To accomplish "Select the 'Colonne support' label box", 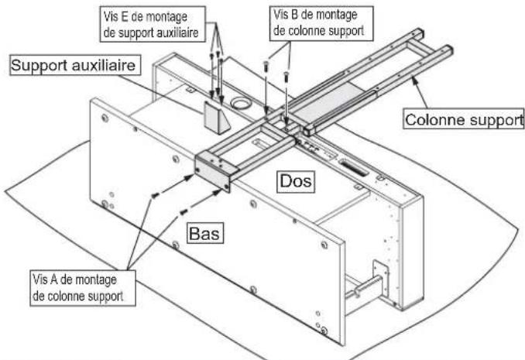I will click(463, 120).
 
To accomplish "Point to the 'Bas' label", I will click(203, 231).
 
